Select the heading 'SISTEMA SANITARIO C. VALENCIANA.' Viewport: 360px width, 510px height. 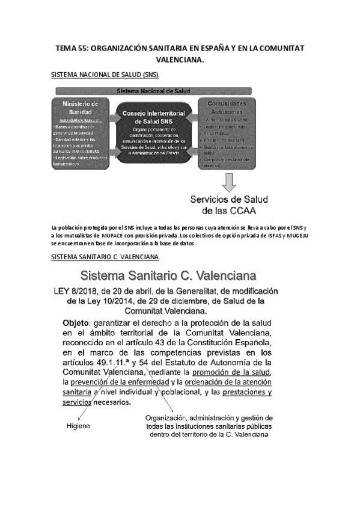pos(105,257)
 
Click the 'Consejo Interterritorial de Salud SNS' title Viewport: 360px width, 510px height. pos(156,117)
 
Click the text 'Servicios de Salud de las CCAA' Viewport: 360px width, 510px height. pos(230,205)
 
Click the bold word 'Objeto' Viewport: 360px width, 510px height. pos(76,323)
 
